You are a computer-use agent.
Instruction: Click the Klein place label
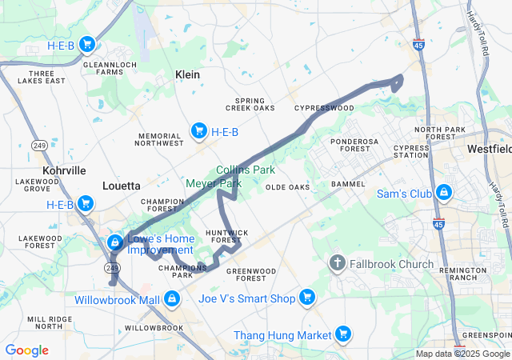tap(187, 74)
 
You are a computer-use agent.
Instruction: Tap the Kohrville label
tap(64, 170)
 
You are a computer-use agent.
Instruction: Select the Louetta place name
tap(121, 186)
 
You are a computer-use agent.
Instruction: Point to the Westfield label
tap(490, 150)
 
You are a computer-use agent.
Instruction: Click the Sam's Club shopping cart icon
tap(442, 193)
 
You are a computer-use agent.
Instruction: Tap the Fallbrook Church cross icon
tap(338, 264)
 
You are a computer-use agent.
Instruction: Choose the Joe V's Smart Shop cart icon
tap(306, 298)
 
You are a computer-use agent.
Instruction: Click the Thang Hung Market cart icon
tap(342, 334)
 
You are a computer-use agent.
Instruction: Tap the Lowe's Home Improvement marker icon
tap(115, 242)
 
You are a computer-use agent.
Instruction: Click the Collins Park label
tap(246, 170)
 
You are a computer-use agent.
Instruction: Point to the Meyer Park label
tap(214, 183)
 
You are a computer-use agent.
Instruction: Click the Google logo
tap(26, 350)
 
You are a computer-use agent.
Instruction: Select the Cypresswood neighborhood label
tap(324, 107)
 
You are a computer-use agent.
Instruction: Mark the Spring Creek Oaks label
tap(250, 104)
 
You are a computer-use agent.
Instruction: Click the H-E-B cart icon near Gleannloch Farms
tap(87, 45)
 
